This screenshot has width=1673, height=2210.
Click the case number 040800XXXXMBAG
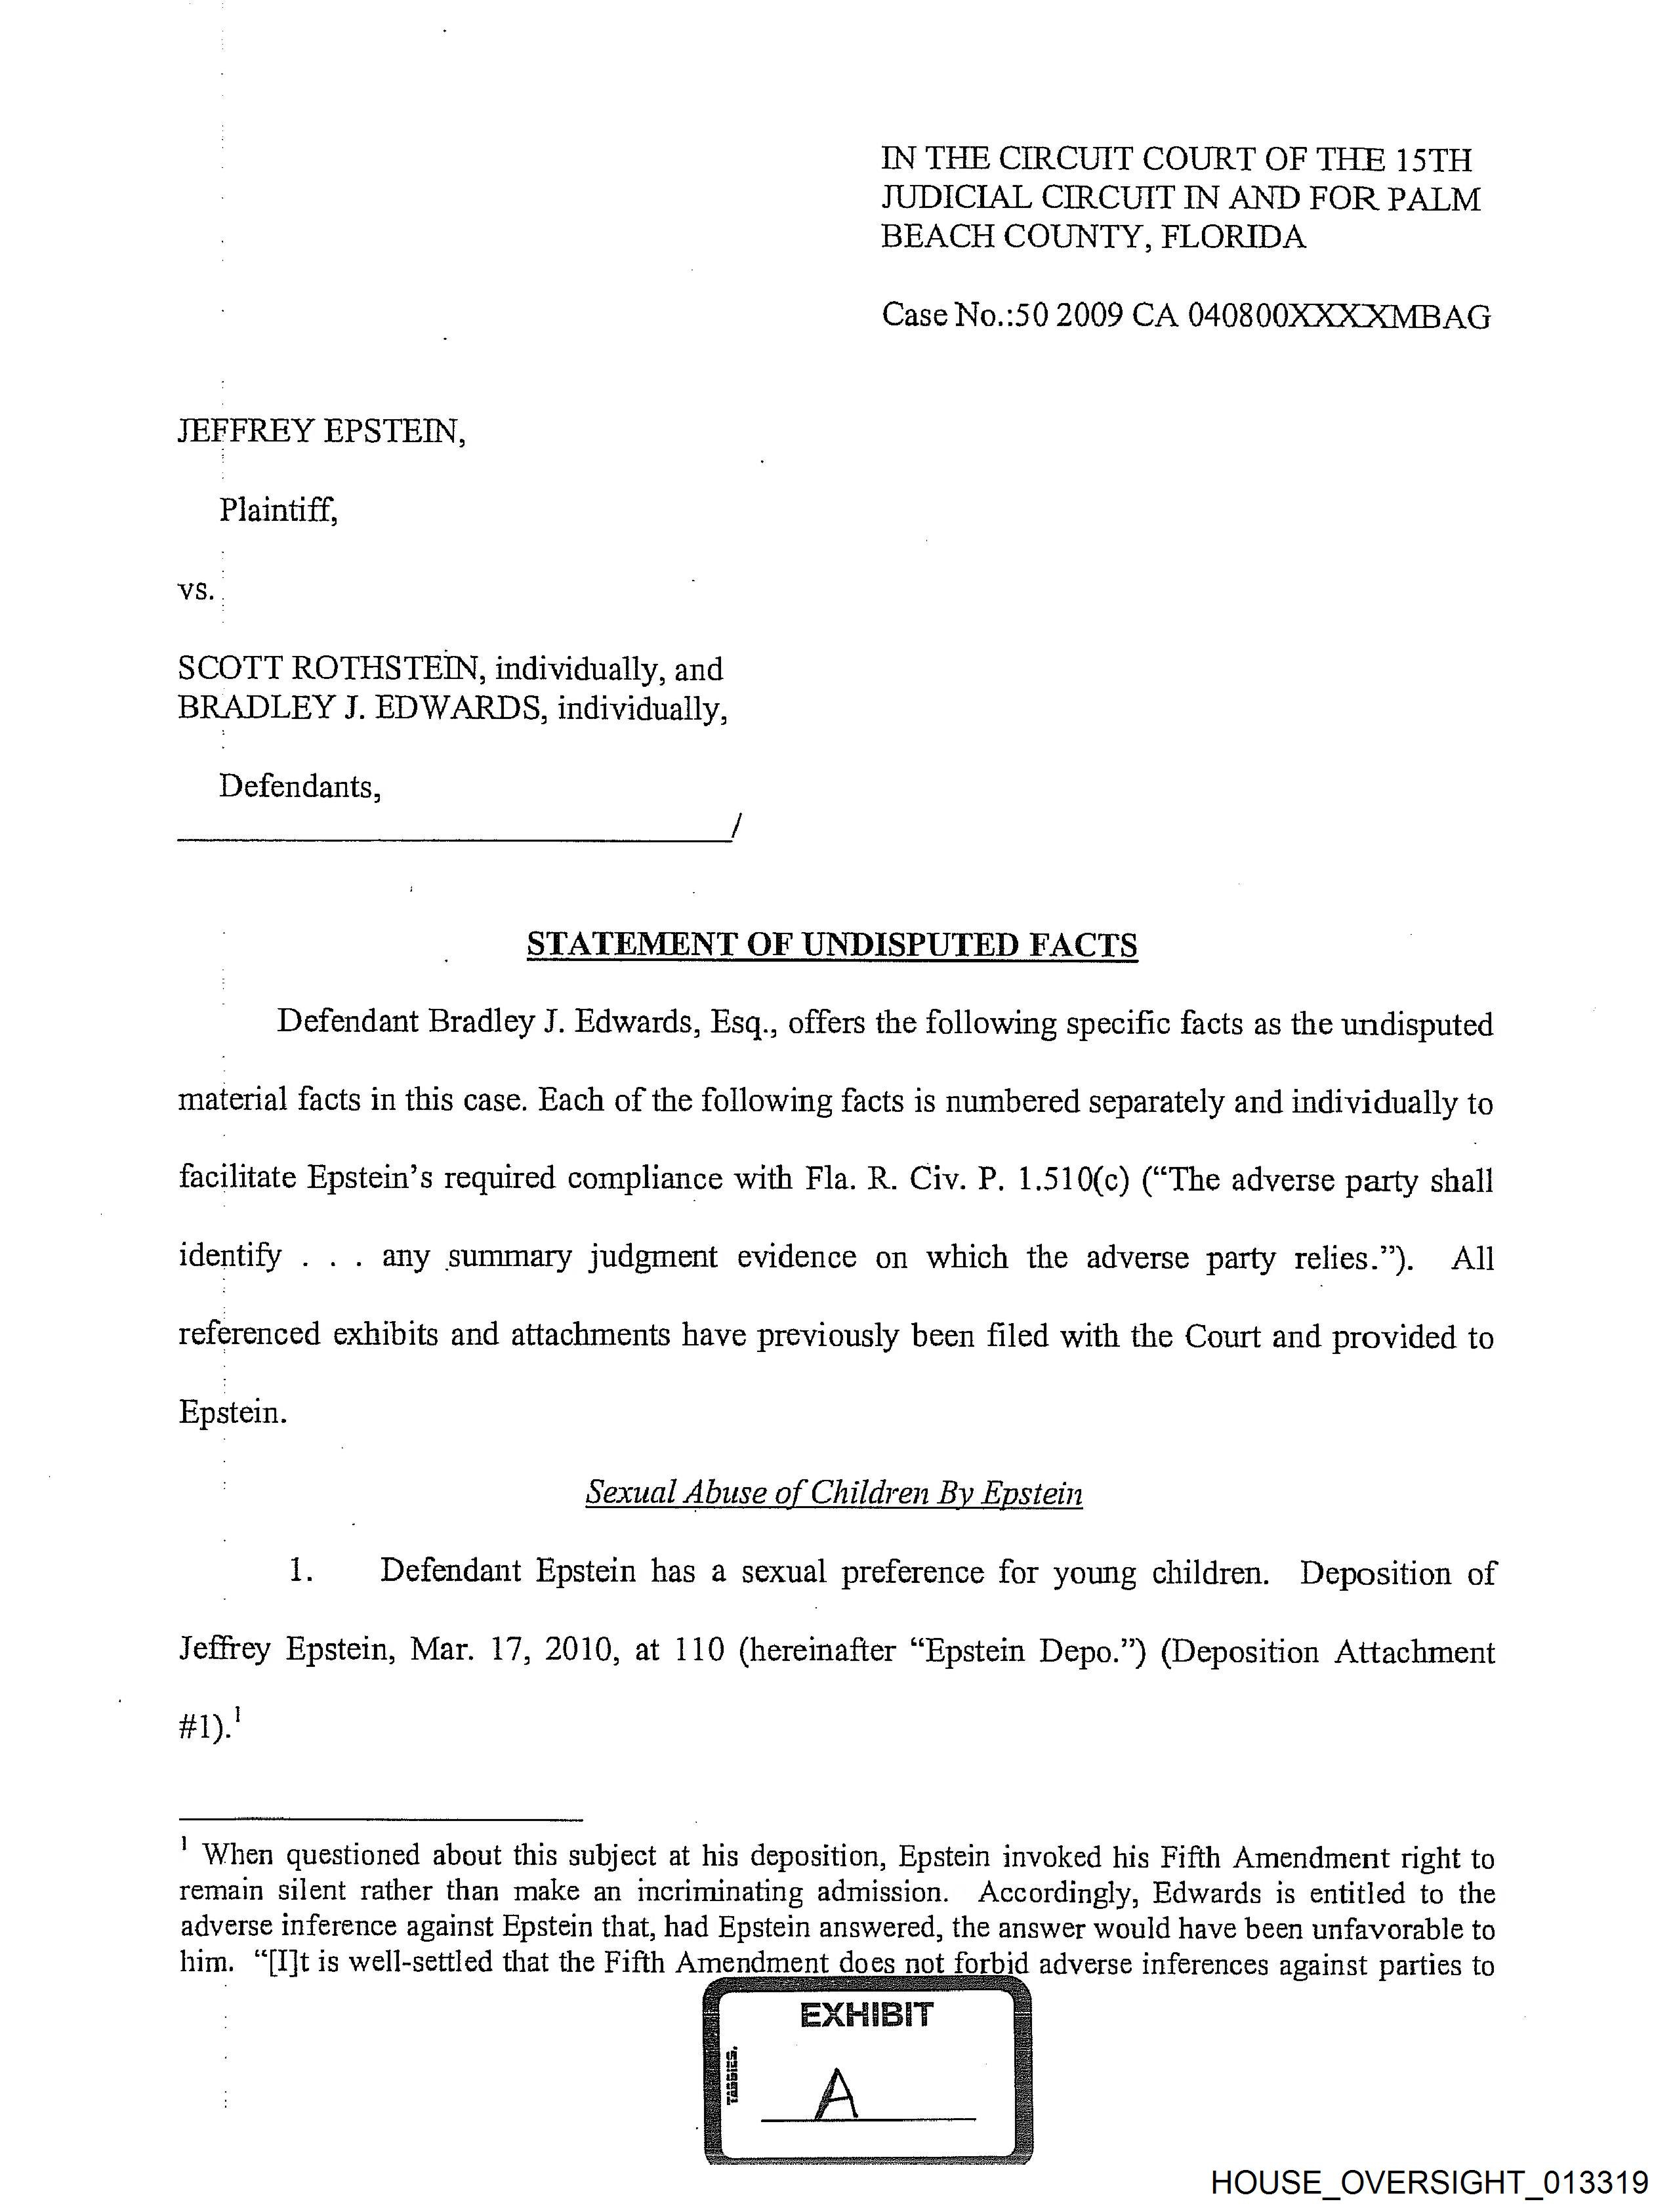point(1338,317)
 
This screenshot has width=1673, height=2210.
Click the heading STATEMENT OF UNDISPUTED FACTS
point(831,945)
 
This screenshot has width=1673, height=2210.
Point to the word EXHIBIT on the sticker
point(867,2014)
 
